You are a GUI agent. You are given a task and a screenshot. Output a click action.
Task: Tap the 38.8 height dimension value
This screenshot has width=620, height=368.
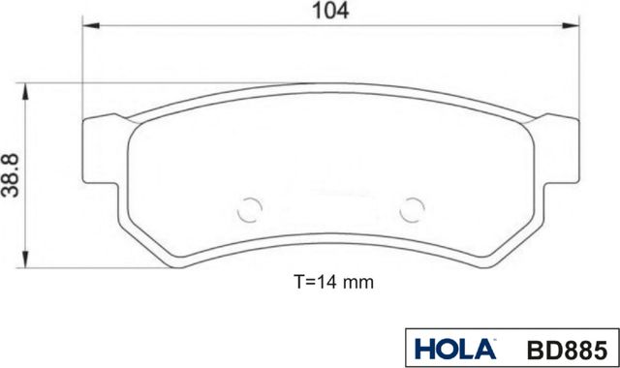(12, 175)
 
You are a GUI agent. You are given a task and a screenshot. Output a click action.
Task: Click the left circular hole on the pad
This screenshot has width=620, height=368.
(250, 208)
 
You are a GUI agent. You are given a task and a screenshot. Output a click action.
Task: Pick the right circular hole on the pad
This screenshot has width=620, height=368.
(413, 208)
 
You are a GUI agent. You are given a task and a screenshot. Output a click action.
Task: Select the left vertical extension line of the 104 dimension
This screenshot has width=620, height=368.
(81, 77)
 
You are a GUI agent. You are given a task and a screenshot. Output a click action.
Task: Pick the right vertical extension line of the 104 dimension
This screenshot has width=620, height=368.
(578, 77)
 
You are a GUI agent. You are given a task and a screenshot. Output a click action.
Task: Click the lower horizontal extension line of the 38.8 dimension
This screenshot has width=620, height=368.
(97, 265)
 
